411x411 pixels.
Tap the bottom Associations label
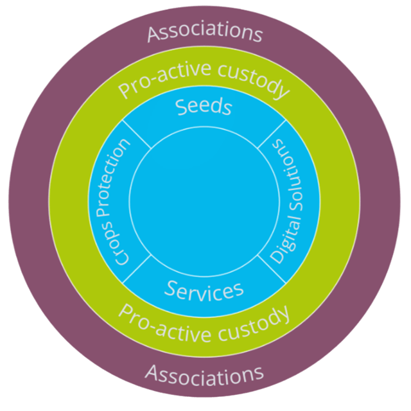205,373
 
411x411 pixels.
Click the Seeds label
204,106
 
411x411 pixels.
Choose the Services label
204,290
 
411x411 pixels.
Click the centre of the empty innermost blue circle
205,200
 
